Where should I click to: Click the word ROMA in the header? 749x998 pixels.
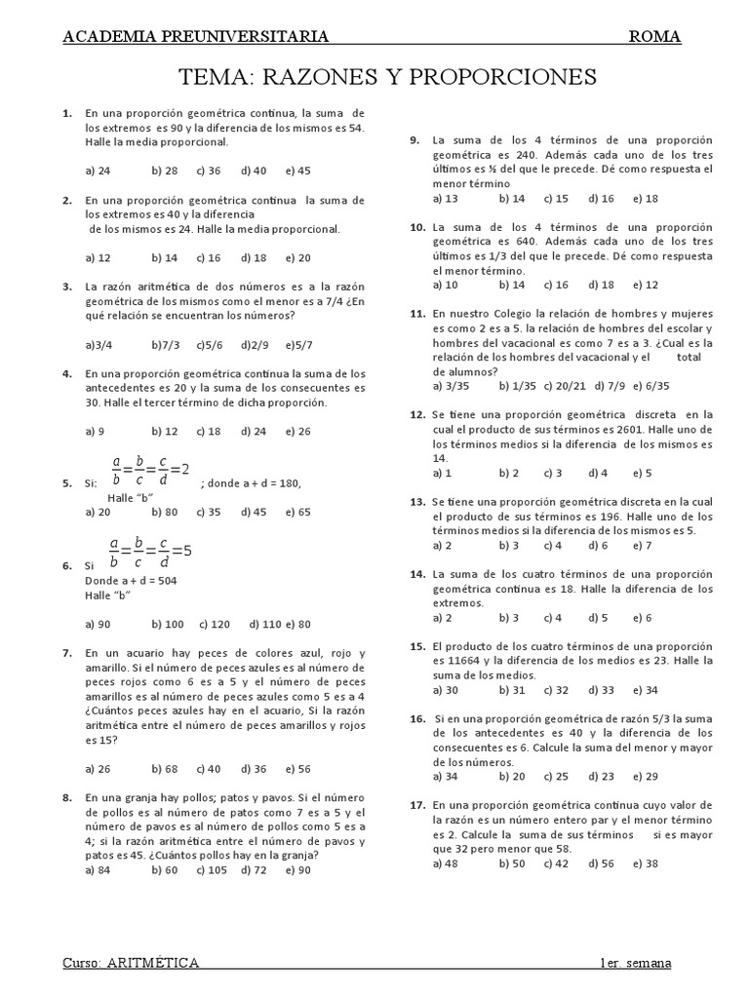tap(654, 37)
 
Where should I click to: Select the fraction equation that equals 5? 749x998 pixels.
tap(150, 552)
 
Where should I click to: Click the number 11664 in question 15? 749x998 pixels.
tap(463, 661)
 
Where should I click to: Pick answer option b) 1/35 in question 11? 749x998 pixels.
tap(517, 386)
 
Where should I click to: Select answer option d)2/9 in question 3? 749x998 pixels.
tap(256, 345)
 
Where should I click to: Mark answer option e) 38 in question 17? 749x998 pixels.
tap(645, 864)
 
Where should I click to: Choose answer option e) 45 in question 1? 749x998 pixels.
tap(297, 171)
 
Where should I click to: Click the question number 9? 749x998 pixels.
tap(414, 140)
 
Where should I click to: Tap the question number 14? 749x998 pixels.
tap(416, 575)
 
